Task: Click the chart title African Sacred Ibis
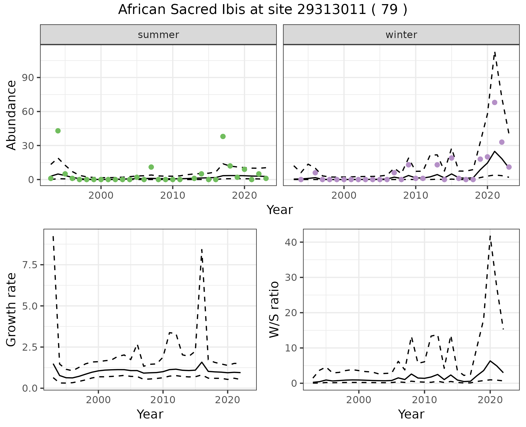[262, 10]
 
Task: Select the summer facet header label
[158, 35]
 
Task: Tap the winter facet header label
[401, 35]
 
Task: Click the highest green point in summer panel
[58, 131]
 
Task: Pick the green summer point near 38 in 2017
[223, 137]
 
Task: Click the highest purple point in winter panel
[494, 103]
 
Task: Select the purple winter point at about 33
[502, 142]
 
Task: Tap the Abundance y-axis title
[12, 115]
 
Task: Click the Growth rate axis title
[12, 310]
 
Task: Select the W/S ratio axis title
[274, 310]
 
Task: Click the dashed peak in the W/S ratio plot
[490, 236]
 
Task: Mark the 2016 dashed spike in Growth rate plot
[202, 250]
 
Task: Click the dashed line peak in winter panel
[495, 52]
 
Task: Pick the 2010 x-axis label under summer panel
[173, 195]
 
